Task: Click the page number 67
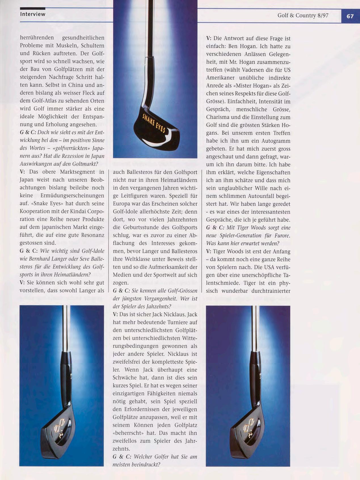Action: coord(350,16)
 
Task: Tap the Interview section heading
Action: coord(33,14)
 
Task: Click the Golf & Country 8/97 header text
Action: coord(303,16)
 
